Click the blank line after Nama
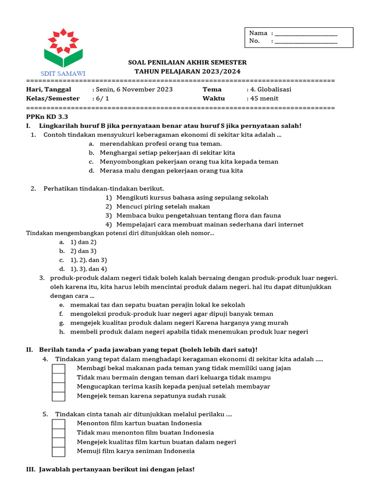[x=306, y=34]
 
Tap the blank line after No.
[x=306, y=42]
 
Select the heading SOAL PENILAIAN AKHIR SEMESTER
[x=187, y=62]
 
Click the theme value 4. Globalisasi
[x=269, y=89]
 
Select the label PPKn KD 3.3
[x=47, y=117]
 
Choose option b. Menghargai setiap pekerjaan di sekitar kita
[x=167, y=153]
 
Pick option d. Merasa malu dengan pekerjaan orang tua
[x=171, y=171]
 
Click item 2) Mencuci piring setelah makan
[x=160, y=207]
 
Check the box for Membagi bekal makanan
[x=59, y=369]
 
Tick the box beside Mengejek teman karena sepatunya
[x=59, y=396]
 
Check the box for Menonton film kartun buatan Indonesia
[x=59, y=424]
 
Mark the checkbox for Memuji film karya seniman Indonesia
[x=59, y=451]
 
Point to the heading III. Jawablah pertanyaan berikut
[x=110, y=469]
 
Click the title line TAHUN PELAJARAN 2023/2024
[x=187, y=71]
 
